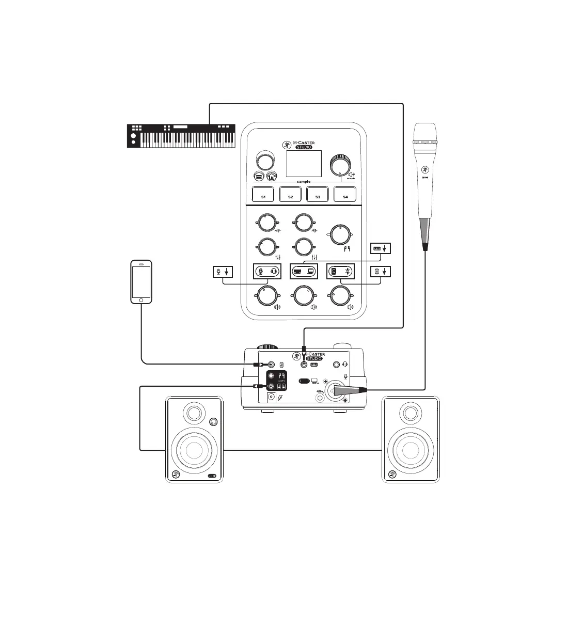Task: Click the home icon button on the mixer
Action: tap(272, 176)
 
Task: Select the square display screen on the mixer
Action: tap(304, 164)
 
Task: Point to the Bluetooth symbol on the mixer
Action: tap(348, 271)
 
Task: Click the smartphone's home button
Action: tap(141, 299)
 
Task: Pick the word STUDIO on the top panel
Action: tap(307, 147)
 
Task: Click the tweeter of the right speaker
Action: tap(411, 413)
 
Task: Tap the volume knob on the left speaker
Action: tap(213, 423)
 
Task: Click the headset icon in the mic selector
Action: tap(274, 271)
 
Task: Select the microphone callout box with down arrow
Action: tap(224, 271)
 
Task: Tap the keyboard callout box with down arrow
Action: tap(381, 248)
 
